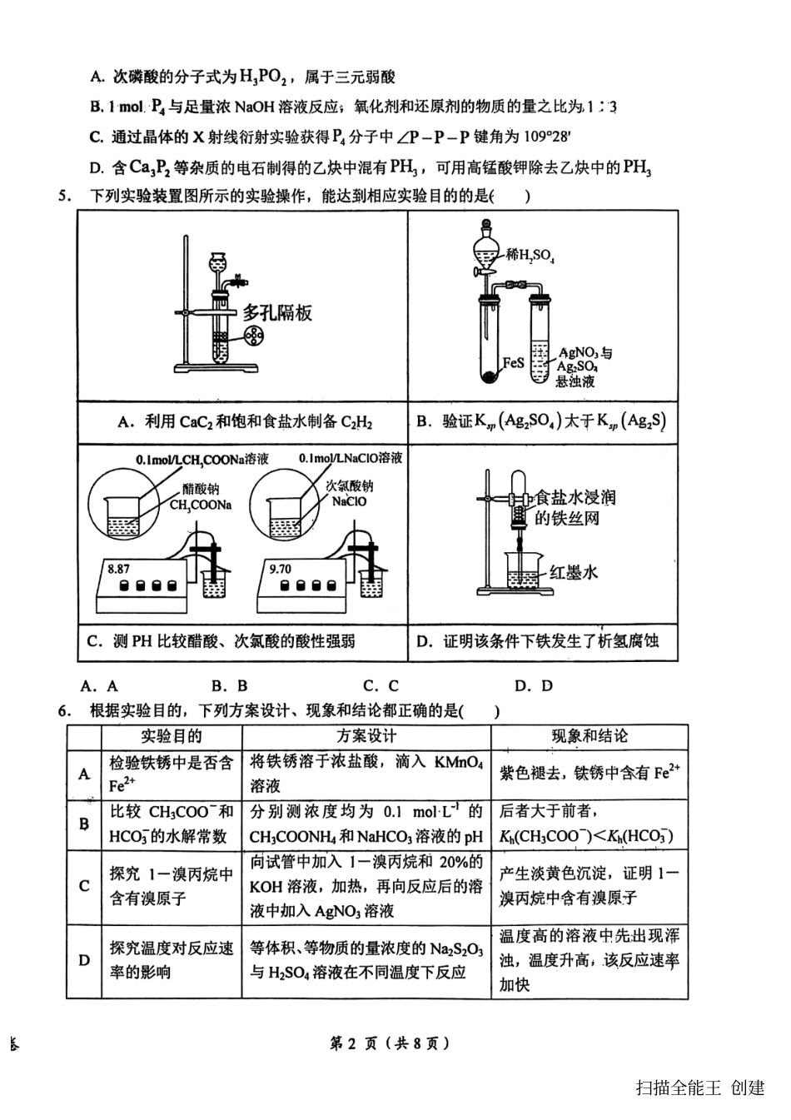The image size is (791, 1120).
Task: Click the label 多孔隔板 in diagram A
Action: [277, 313]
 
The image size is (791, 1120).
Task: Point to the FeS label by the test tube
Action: [513, 364]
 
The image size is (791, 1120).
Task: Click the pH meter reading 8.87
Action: [118, 570]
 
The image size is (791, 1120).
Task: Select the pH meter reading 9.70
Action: [281, 570]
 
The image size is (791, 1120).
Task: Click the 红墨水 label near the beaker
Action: [573, 573]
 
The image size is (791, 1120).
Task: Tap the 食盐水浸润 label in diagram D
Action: [575, 497]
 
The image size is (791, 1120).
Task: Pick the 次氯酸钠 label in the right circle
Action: [349, 486]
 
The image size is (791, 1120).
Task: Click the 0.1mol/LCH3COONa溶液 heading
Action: [202, 459]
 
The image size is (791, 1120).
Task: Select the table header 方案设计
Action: [366, 736]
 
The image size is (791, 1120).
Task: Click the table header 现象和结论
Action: [589, 736]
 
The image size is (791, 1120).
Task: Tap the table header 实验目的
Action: [171, 736]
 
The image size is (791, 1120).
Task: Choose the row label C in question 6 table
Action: [84, 886]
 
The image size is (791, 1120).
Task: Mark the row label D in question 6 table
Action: [84, 960]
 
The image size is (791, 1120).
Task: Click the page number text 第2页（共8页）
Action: [390, 1043]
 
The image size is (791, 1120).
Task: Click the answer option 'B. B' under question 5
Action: [230, 686]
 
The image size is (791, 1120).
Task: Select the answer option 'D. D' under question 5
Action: [534, 686]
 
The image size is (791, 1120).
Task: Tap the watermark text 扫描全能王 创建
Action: [699, 1088]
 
